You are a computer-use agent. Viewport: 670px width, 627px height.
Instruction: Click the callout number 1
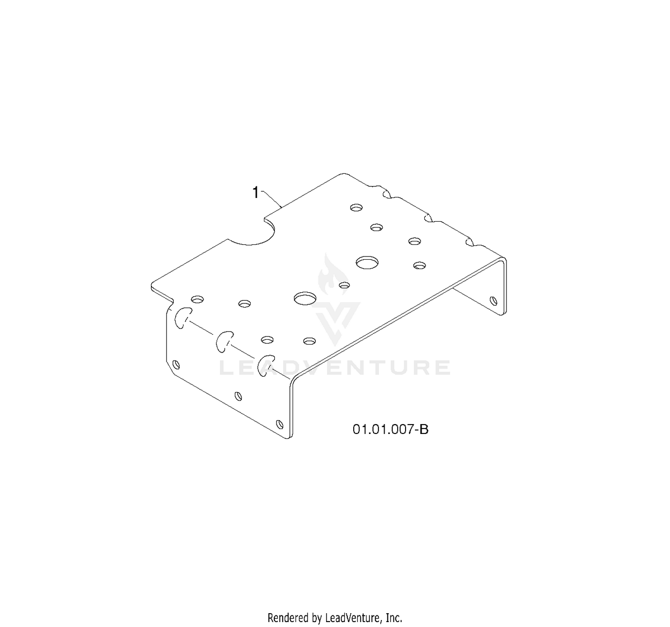(x=255, y=193)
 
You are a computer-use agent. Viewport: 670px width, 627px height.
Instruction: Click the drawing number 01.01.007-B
(x=390, y=429)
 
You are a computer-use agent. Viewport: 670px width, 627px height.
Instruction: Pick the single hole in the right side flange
(x=493, y=300)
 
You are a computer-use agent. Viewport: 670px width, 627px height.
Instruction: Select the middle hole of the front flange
(x=238, y=396)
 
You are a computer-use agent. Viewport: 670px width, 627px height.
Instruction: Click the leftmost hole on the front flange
(x=176, y=365)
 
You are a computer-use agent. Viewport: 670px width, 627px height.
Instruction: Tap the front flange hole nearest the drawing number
(x=279, y=424)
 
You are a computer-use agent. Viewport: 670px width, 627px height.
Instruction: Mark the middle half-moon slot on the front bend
(x=224, y=342)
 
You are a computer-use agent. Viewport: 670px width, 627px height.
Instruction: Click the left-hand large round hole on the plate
(x=305, y=299)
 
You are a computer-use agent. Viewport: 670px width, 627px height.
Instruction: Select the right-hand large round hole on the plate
(x=367, y=263)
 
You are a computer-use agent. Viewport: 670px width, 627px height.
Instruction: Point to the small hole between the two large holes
(x=344, y=285)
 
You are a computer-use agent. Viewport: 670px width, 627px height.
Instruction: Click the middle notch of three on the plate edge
(x=428, y=218)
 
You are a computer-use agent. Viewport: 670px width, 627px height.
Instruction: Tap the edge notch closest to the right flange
(x=469, y=242)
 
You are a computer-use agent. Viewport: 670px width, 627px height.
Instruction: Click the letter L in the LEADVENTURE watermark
(x=227, y=368)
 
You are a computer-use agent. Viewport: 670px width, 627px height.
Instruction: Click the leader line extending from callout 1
(x=272, y=199)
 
